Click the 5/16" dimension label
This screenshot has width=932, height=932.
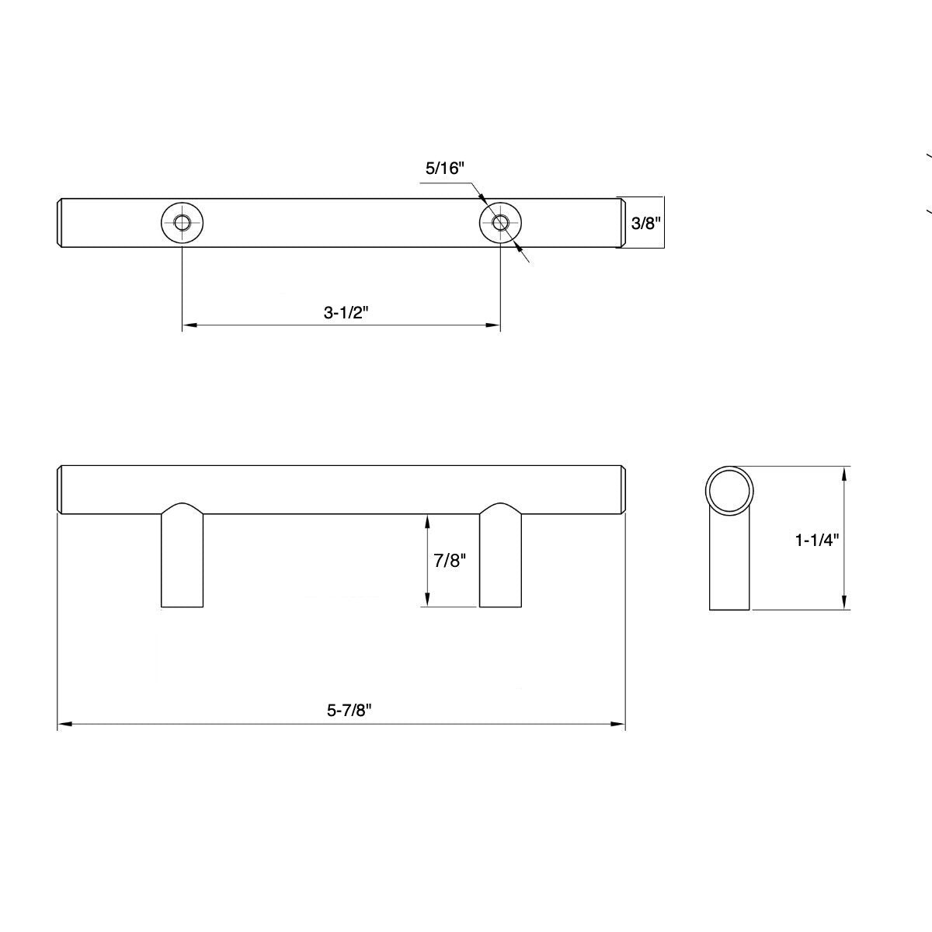(x=444, y=168)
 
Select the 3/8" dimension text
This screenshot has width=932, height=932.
(x=645, y=224)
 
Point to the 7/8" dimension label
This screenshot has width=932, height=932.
(x=450, y=561)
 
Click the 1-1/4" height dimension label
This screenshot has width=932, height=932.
(x=817, y=540)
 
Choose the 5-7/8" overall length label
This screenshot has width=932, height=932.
(x=345, y=710)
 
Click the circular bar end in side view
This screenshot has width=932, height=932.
(x=729, y=491)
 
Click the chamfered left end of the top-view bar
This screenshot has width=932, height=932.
(x=61, y=224)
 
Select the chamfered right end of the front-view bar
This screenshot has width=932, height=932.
(x=623, y=490)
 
